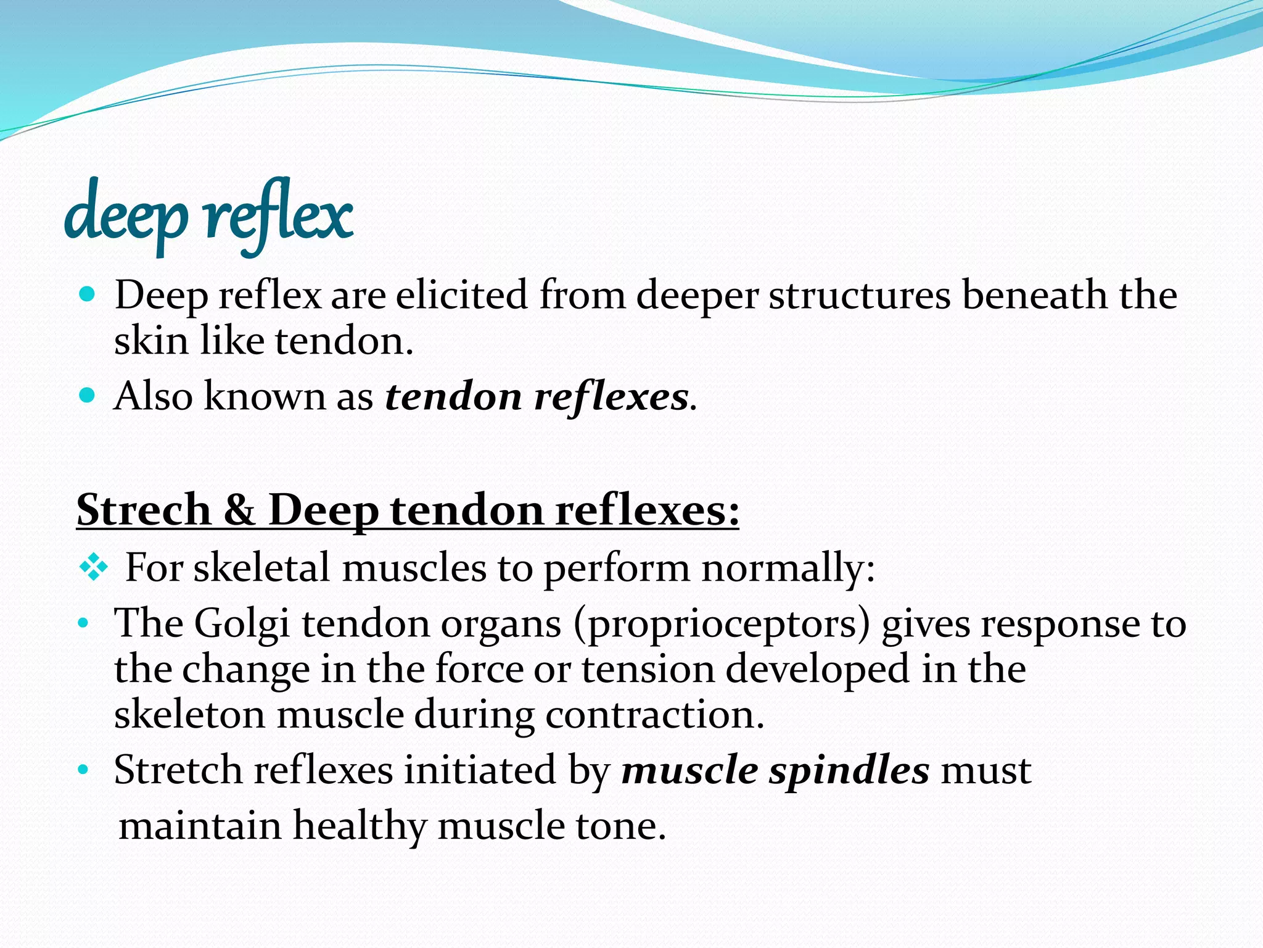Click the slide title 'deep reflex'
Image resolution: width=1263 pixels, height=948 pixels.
(208, 215)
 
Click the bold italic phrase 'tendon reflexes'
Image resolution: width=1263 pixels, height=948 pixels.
(537, 396)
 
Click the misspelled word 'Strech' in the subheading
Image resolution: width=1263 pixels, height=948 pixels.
(144, 510)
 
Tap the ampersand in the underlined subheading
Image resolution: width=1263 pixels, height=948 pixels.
(239, 510)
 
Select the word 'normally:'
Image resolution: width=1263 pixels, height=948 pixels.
(788, 568)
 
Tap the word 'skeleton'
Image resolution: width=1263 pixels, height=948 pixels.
(189, 715)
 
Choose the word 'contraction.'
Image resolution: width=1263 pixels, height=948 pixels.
(655, 715)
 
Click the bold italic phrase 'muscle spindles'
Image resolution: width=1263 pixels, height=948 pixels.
(775, 770)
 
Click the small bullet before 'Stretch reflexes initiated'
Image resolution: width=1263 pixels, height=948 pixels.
(83, 770)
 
